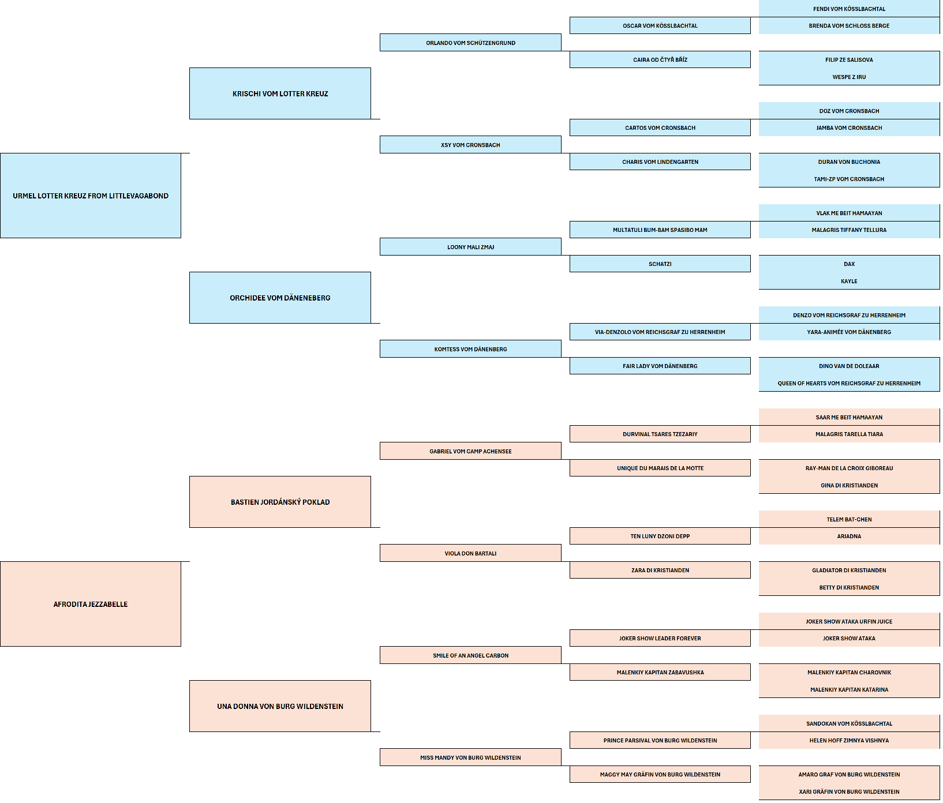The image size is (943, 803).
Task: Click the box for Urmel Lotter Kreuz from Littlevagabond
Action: click(91, 196)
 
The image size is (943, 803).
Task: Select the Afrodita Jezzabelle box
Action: click(91, 604)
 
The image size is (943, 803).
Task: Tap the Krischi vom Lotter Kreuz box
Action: click(280, 93)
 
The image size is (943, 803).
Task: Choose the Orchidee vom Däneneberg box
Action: click(280, 298)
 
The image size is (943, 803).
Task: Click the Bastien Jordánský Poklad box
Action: click(280, 502)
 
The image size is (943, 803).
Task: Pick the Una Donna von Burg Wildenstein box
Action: click(280, 706)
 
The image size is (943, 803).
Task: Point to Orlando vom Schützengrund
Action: click(470, 43)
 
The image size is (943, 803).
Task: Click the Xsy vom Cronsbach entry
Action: click(470, 145)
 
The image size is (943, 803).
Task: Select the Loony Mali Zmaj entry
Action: click(470, 247)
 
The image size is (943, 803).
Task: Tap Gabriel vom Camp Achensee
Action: click(470, 451)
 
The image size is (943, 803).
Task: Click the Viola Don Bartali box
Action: click(470, 553)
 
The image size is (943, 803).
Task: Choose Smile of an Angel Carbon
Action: click(470, 655)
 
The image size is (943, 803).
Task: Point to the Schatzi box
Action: click(660, 264)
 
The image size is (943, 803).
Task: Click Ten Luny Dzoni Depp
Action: click(660, 536)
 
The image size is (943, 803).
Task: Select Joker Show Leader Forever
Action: click(660, 639)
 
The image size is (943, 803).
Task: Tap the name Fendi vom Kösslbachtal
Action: click(849, 9)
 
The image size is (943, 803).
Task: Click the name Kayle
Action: click(849, 282)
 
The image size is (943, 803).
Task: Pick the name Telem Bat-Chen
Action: click(849, 520)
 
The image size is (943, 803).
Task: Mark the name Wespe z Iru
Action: click(849, 77)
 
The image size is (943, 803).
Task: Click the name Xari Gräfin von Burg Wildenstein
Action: click(849, 792)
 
